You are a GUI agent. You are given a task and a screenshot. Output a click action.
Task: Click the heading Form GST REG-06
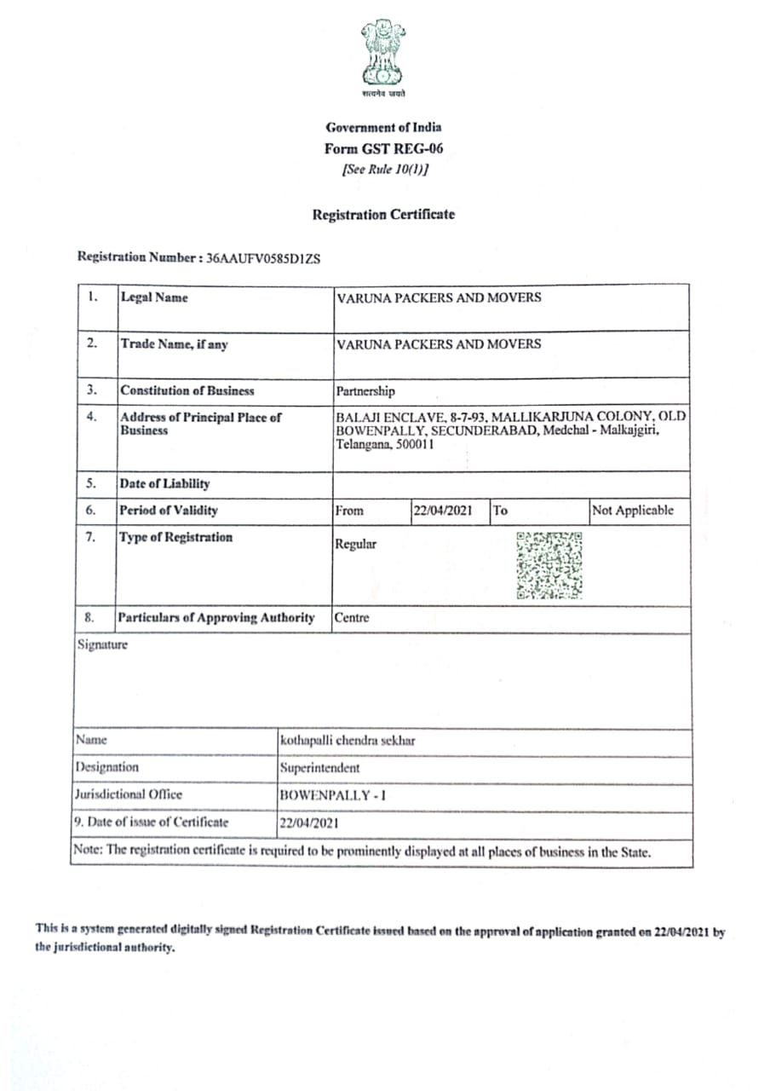coord(383,148)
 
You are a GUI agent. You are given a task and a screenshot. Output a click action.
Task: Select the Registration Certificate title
coord(383,215)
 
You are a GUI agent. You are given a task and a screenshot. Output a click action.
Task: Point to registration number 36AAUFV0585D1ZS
coord(263,257)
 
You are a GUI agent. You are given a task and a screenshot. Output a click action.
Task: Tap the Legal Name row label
coord(154,297)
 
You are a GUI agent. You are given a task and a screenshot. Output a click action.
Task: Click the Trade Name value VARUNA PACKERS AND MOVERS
coord(439,344)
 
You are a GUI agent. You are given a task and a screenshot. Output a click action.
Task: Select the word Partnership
coord(365,391)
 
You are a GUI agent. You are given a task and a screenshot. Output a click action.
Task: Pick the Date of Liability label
coord(164,484)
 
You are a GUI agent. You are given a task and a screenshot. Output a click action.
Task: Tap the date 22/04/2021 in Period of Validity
coord(443,511)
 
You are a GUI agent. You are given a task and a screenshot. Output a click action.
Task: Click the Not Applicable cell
coord(633,511)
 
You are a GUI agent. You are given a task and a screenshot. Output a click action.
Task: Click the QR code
coord(549,565)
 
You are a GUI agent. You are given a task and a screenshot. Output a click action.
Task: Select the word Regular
coord(356,544)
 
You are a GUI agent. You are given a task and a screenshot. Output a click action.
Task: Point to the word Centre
coord(352,618)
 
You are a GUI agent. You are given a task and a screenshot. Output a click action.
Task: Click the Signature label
coord(102,645)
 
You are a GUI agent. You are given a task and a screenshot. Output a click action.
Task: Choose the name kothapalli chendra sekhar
coord(348,741)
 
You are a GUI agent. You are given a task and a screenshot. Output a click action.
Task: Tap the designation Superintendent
coord(320,768)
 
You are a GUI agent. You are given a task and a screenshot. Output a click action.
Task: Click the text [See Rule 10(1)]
coord(384,169)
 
